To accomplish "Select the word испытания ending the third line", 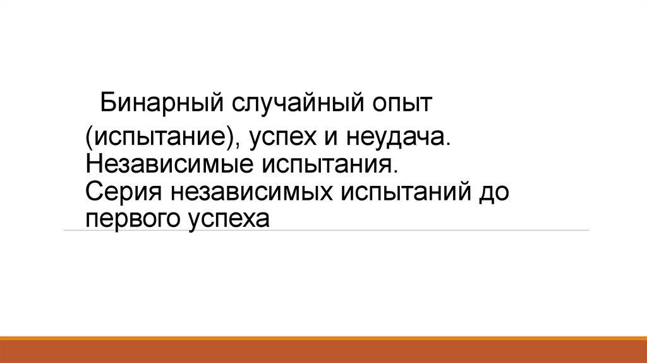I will (x=327, y=165).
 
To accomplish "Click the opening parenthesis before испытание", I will (x=90, y=137).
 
